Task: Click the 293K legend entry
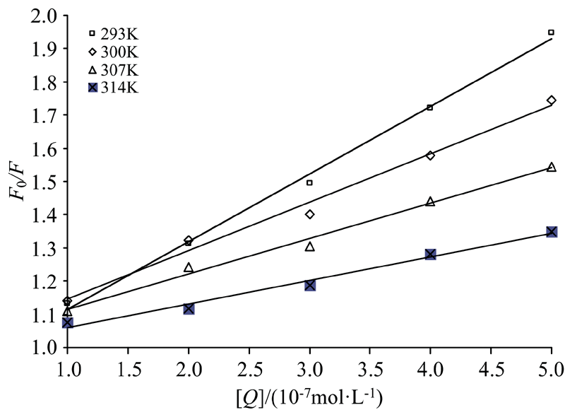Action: (x=114, y=33)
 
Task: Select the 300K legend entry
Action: (x=114, y=52)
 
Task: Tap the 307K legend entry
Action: (x=114, y=70)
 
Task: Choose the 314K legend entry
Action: (x=114, y=88)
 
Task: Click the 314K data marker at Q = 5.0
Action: (x=552, y=232)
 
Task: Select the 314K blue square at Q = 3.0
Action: (x=309, y=285)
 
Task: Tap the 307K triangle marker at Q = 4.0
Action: (x=430, y=201)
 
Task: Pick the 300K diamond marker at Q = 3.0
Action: (x=309, y=214)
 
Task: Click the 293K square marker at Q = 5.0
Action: (x=551, y=33)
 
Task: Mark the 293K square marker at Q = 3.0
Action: (x=309, y=183)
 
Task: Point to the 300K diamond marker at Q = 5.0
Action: (x=552, y=100)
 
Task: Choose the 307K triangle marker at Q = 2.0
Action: (x=189, y=267)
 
